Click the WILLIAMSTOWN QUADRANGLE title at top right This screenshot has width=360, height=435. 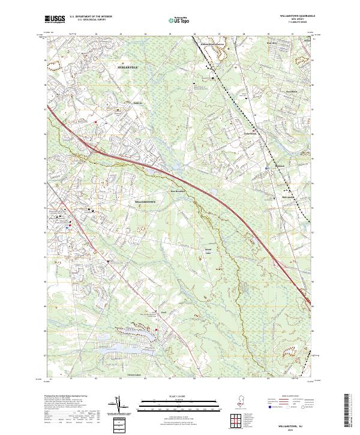294,17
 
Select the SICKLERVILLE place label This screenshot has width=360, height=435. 127,67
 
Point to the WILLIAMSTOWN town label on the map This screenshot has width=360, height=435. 145,202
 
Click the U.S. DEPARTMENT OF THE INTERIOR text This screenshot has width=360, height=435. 90,16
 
